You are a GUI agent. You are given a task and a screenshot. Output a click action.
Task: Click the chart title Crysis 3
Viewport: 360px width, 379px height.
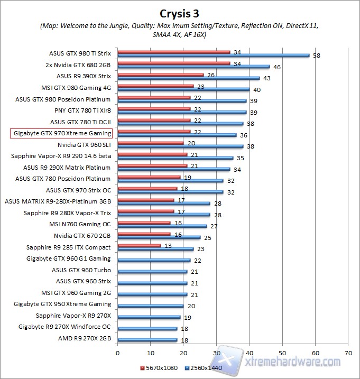(180, 12)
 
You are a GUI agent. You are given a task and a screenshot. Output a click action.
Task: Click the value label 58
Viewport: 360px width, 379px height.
(317, 55)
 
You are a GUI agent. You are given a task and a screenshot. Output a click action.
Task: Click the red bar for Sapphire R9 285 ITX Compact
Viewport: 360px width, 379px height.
(139, 245)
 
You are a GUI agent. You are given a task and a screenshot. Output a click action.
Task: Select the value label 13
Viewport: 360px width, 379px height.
(168, 245)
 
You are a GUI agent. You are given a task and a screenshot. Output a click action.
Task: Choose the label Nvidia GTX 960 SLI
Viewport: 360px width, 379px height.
(84, 144)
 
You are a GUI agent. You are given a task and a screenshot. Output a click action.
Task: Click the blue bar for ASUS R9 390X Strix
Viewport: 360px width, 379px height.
(188, 78)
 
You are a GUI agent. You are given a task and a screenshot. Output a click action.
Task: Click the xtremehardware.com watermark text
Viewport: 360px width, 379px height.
(293, 362)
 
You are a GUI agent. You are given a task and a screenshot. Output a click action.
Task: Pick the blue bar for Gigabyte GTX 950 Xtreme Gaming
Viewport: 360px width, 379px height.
(150, 306)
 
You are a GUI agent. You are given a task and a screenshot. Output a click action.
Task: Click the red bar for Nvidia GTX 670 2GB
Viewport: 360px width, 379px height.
(144, 234)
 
